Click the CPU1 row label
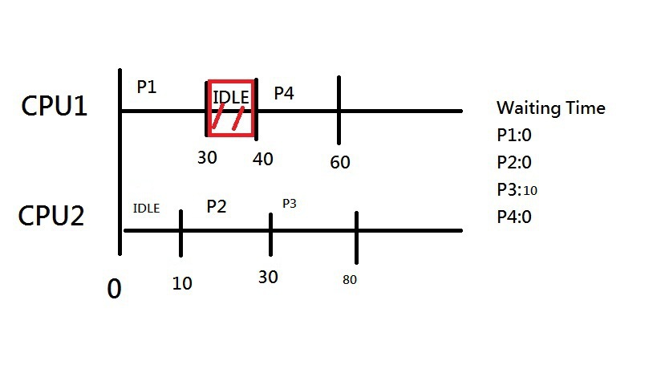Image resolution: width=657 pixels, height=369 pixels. click(54, 106)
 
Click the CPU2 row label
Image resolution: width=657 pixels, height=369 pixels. click(51, 216)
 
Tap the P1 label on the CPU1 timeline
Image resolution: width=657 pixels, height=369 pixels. click(147, 87)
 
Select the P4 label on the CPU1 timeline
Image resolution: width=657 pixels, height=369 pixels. click(284, 93)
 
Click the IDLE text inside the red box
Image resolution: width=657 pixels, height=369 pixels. click(231, 97)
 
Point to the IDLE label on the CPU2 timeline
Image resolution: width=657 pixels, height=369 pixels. click(146, 209)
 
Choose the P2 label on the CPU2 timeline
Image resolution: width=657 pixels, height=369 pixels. click(217, 206)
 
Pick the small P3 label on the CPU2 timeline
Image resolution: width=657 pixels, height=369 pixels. click(290, 204)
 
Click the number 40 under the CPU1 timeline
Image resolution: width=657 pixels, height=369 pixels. click(262, 159)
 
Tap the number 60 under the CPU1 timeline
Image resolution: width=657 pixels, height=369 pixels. click(340, 163)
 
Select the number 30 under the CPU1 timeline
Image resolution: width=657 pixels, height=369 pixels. click(207, 158)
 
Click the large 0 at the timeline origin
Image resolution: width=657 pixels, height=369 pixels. click(115, 289)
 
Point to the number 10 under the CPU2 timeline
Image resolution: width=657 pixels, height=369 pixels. click(182, 283)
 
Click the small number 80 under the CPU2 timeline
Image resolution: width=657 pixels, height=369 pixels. click(350, 280)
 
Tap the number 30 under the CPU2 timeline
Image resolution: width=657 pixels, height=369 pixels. click(268, 278)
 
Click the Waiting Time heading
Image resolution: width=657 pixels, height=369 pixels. click(551, 108)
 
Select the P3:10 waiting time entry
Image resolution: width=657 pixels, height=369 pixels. click(517, 190)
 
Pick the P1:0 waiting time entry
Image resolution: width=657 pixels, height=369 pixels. click(514, 136)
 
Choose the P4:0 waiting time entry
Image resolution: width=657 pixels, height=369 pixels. click(514, 217)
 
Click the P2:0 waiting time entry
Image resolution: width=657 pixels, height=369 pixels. click(514, 163)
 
